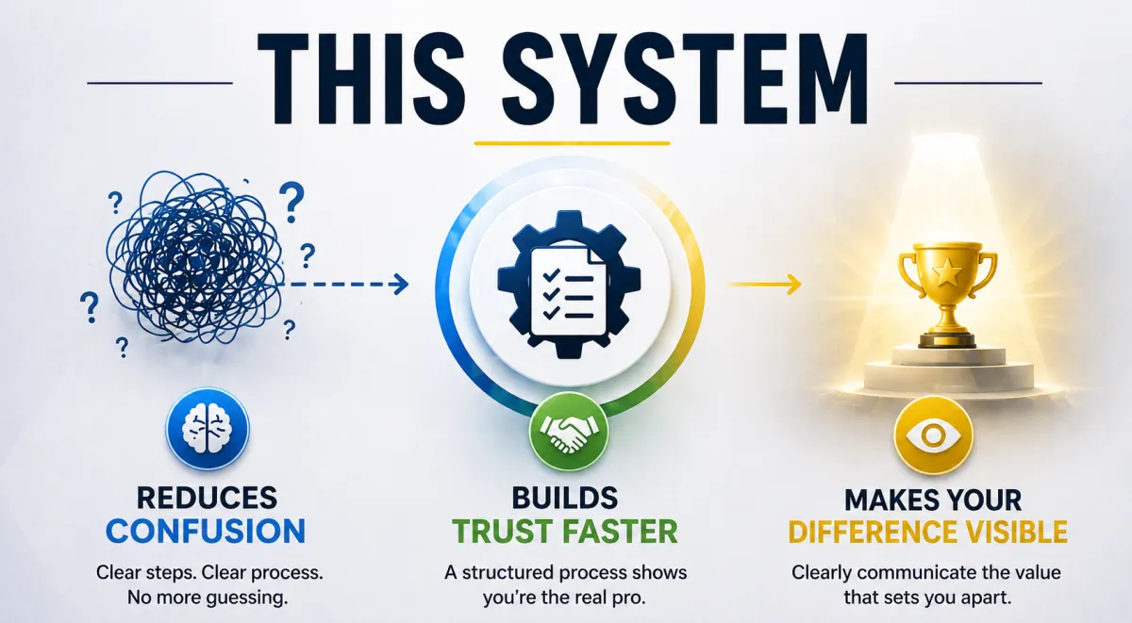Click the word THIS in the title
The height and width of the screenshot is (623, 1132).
point(360,79)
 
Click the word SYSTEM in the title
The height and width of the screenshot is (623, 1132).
point(687,79)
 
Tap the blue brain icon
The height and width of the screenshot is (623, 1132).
point(208,429)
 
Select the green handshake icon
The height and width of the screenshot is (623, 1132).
point(569,433)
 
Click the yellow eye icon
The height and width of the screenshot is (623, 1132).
point(933,435)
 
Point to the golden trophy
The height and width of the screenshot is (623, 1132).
point(947,295)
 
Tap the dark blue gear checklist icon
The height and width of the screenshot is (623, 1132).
point(569,285)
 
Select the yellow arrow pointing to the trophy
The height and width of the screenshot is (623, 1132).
point(764,285)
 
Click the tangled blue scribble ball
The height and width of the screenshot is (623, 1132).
point(195,258)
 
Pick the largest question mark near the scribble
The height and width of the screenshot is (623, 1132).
point(292,203)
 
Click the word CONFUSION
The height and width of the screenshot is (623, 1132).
point(206,531)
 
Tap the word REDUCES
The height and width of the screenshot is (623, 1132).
point(207,498)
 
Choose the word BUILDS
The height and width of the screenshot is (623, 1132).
point(564,498)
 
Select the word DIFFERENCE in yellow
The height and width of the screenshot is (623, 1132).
point(873,532)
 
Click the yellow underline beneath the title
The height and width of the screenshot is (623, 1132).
point(572,143)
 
